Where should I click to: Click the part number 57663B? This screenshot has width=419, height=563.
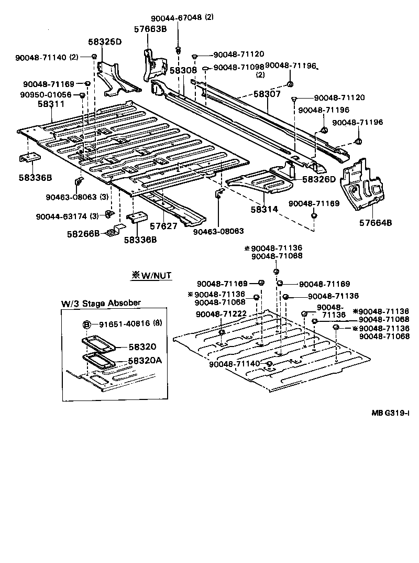150,29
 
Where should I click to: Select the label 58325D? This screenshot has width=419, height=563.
104,41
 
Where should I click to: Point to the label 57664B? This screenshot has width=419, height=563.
375,222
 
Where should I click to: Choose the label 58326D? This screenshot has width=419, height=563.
318,179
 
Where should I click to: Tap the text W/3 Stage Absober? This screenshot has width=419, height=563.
101,303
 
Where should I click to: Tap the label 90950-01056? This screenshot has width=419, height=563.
46,94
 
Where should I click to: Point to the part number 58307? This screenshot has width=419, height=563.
267,94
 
